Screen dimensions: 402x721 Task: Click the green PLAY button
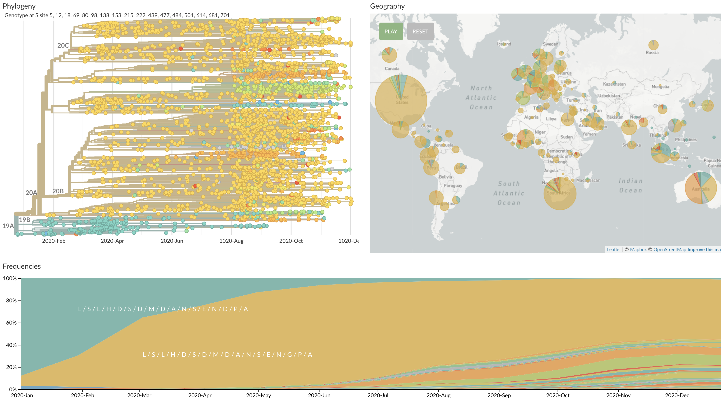(x=391, y=31)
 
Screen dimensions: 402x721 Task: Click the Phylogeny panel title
(x=19, y=6)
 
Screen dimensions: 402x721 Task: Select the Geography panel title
(x=387, y=6)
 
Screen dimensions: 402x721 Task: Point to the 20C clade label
(x=63, y=45)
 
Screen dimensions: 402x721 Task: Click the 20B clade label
(x=58, y=191)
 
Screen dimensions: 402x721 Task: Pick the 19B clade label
(x=25, y=220)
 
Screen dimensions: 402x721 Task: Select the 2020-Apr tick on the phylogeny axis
(x=112, y=241)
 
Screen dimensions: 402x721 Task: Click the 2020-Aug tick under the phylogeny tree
(x=231, y=241)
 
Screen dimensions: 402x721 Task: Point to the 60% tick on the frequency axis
(x=11, y=323)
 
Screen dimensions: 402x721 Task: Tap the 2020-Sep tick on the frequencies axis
(x=499, y=395)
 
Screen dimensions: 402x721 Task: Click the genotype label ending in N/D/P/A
(x=163, y=309)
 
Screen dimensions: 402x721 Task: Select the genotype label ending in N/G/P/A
(x=227, y=354)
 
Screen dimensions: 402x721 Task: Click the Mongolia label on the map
(x=660, y=86)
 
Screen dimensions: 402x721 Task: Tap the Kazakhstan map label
(x=614, y=84)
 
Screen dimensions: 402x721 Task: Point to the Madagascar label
(x=588, y=180)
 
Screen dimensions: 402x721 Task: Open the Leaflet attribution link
(x=614, y=249)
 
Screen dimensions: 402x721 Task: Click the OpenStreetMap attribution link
(x=670, y=249)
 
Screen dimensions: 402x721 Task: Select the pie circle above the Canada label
(x=389, y=55)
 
